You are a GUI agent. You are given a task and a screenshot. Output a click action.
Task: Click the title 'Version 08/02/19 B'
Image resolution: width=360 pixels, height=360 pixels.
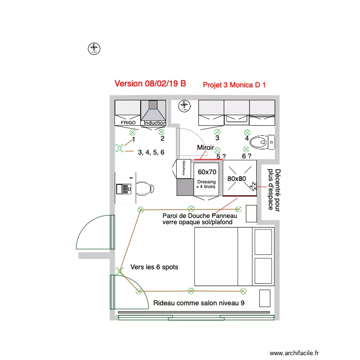click(150, 84)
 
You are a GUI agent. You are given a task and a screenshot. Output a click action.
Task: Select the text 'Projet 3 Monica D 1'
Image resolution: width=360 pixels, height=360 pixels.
click(234, 85)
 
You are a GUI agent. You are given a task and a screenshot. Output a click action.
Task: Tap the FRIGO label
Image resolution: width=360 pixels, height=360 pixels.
click(128, 123)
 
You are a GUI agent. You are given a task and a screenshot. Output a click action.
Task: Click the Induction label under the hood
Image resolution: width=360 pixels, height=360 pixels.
click(155, 123)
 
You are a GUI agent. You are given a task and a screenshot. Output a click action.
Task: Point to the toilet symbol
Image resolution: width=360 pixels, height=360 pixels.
click(262, 142)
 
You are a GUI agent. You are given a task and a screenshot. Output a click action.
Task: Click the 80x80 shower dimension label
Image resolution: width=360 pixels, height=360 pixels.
click(237, 179)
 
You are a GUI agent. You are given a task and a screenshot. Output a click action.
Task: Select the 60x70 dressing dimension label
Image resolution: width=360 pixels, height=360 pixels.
click(207, 172)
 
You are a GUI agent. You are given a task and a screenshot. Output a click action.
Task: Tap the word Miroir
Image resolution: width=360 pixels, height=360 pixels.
click(206, 147)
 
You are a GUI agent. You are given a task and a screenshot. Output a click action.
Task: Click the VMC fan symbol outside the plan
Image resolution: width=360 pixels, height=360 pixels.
click(94, 48)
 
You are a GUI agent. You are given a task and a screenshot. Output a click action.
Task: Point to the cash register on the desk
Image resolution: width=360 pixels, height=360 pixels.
click(124, 188)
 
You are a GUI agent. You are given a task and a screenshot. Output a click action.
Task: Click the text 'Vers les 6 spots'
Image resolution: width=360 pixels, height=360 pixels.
click(154, 267)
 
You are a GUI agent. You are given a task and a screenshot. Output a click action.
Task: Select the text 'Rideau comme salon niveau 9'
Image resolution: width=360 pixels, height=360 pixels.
click(199, 303)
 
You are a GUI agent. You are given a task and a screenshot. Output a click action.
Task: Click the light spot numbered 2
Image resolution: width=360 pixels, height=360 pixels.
click(161, 132)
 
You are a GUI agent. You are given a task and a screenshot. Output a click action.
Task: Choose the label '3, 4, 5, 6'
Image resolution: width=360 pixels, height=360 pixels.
click(151, 152)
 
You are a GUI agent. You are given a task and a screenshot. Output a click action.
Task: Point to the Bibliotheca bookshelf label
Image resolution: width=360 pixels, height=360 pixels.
click(182, 169)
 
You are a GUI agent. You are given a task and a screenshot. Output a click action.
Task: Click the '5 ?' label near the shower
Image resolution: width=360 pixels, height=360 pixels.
click(221, 156)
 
